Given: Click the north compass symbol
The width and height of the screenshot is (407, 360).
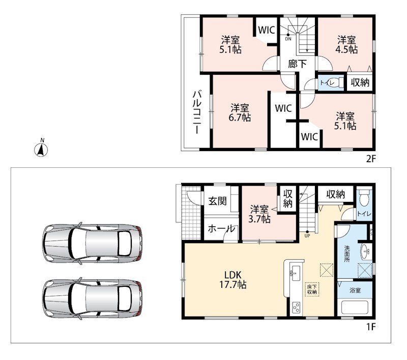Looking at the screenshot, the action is tap(41, 148).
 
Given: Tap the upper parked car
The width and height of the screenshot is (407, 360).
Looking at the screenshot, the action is tap(92, 243).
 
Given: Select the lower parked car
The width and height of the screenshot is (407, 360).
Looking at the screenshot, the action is tap(92, 298).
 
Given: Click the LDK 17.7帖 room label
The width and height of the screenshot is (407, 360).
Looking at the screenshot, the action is tap(233, 280).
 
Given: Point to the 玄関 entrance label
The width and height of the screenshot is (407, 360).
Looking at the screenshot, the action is tap(218, 201).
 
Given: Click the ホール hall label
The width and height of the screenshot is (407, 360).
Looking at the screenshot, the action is tap(221, 228).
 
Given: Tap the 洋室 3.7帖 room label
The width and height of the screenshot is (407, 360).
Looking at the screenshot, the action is tap(259, 214).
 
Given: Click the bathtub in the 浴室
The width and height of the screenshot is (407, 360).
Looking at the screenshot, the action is tap(355, 307).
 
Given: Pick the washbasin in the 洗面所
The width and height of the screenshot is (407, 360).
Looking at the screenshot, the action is tap(366, 251).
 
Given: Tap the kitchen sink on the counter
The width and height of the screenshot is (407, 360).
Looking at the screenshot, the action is tap(295, 273).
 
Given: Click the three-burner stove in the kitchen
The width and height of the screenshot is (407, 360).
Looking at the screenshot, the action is tap(296, 308).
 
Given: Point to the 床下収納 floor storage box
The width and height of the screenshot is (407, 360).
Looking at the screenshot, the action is tap(312, 289).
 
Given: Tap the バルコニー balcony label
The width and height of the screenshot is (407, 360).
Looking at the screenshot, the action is tap(197, 112).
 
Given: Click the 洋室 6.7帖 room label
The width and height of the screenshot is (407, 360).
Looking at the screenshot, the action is tap(240, 112).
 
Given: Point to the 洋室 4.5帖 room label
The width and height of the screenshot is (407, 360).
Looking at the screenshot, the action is tap(346, 45).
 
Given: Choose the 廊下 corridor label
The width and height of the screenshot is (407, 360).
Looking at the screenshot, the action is tap(297, 64).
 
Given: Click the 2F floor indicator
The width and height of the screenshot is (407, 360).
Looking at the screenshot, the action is tap(371, 159).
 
